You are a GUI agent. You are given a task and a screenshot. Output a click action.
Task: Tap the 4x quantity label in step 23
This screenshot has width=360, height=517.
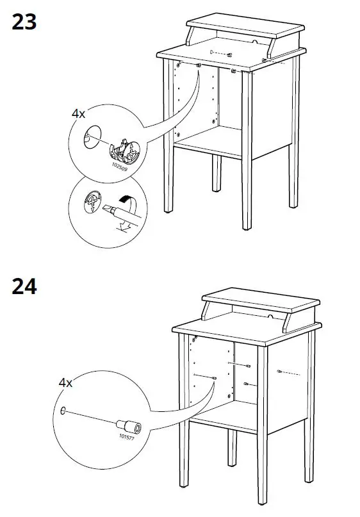coord(78,113)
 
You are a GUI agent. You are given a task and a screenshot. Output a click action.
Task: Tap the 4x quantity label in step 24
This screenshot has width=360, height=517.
coord(66,382)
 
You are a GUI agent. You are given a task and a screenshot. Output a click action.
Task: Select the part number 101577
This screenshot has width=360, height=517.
coord(128,437)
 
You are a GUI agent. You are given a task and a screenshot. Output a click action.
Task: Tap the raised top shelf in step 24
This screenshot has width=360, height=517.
coord(261,302)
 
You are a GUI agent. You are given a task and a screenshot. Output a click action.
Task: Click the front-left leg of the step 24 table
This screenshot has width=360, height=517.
coord(184,416)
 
